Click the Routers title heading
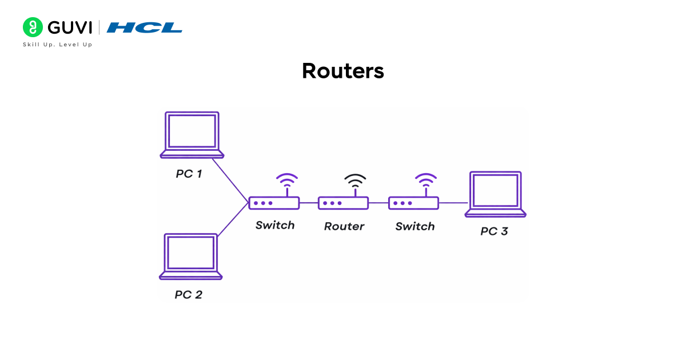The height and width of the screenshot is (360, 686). point(343,71)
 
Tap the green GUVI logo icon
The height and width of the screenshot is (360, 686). point(33,27)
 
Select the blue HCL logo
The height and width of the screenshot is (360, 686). point(145,27)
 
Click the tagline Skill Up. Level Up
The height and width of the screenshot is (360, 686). point(57,45)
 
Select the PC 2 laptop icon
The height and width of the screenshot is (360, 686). point(190,256)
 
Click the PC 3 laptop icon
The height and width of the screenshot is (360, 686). point(495,194)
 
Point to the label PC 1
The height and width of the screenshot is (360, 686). point(189,174)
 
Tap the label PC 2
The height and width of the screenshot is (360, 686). point(188,295)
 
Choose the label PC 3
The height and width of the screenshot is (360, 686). point(494,231)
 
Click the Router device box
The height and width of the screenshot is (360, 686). point(343,203)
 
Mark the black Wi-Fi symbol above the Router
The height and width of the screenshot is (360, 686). point(355,182)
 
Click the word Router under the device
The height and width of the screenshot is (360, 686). point(344,226)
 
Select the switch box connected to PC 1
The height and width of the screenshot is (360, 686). point(274,203)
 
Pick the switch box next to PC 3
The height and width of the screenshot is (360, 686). point(413,203)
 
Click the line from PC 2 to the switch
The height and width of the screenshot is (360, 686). point(233,219)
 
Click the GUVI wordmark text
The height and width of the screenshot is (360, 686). point(70,27)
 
